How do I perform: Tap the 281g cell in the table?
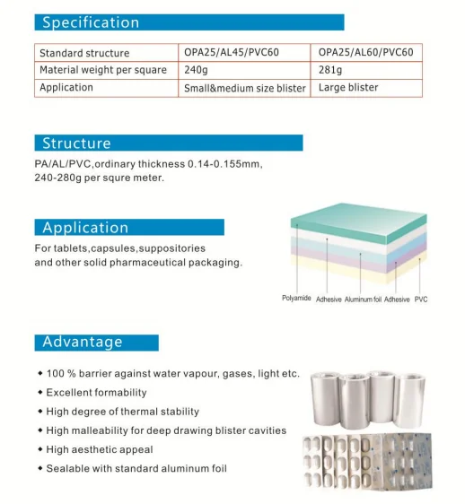point(332,70)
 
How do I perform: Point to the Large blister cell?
point(348,87)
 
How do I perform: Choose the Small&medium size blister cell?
point(245,88)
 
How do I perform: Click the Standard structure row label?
point(84,53)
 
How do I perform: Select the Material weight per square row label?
point(103,70)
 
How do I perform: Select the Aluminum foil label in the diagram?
point(364,299)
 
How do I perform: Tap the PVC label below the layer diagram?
point(420,299)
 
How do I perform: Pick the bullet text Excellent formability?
point(96,393)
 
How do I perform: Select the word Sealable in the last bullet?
point(66,468)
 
